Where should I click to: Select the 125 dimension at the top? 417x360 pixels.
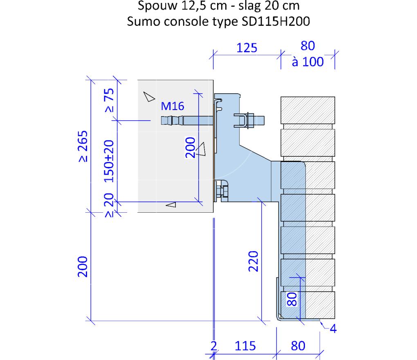(247, 48)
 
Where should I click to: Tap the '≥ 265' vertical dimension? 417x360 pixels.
(83, 146)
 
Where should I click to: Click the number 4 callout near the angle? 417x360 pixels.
(333, 328)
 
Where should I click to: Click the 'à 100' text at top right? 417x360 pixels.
(308, 63)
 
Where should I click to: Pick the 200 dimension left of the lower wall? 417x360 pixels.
(83, 267)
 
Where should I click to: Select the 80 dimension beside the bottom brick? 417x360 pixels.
(291, 299)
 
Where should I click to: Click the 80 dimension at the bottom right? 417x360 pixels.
(298, 346)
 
